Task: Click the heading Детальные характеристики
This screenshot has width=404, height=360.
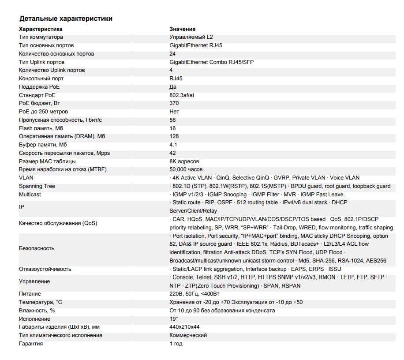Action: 66,19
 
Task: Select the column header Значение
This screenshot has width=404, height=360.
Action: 182,29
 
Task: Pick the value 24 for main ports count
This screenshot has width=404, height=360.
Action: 172,54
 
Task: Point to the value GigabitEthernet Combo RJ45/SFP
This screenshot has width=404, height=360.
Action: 211,62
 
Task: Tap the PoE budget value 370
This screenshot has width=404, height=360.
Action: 174,103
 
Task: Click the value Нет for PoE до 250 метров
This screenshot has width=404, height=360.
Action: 174,112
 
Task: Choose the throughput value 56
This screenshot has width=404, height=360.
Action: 172,120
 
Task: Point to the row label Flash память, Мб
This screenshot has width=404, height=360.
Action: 41,128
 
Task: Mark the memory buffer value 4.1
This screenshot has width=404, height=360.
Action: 173,145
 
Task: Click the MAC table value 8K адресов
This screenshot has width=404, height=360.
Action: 184,161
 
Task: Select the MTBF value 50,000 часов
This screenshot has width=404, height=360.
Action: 186,169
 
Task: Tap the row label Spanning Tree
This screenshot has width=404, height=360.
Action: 37,186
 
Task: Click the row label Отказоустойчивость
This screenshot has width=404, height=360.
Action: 45,269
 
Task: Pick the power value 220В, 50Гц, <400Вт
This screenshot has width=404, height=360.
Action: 194,294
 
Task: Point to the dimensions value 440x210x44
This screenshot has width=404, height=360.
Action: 184,327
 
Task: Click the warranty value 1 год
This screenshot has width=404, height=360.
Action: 176,344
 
